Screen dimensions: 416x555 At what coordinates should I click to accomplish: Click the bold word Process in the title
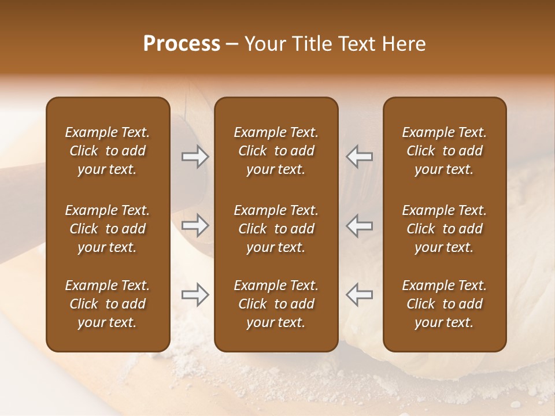pos(182,44)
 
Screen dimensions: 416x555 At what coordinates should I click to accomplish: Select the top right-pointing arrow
pos(195,157)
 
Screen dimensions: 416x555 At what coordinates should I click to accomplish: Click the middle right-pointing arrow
pos(195,225)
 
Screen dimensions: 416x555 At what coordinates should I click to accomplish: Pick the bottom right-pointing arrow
pos(195,295)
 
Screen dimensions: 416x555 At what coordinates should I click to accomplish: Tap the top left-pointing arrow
pos(360,157)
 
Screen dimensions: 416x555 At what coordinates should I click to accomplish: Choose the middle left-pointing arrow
pos(360,225)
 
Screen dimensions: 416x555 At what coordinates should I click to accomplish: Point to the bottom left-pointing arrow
pos(360,295)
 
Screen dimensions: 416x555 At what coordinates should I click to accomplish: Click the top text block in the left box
pos(108,151)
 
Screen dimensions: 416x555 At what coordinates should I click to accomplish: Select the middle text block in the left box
pos(108,229)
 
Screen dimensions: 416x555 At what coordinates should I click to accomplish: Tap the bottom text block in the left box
pos(108,304)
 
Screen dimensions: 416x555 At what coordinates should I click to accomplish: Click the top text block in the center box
pos(276,151)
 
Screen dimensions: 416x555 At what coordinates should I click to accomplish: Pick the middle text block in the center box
pos(276,229)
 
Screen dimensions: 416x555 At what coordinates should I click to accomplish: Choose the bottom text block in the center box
pos(276,304)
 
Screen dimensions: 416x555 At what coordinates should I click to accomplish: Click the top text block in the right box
pos(444,151)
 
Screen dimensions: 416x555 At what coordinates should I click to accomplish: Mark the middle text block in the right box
pos(444,229)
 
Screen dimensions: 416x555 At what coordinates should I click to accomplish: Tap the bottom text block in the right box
pos(444,304)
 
